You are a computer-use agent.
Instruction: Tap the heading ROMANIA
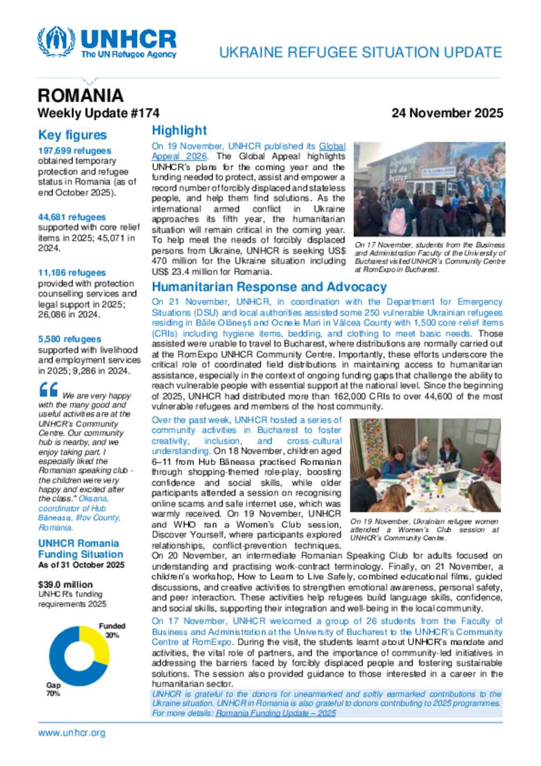click(x=80, y=96)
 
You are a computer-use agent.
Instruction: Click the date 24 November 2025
click(x=447, y=113)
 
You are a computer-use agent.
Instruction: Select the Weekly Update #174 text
click(x=98, y=113)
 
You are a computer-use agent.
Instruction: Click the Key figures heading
click(x=72, y=135)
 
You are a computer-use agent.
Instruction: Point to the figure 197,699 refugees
click(x=74, y=151)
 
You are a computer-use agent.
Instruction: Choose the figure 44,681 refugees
click(x=72, y=217)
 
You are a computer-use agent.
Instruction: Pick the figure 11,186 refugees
click(x=72, y=273)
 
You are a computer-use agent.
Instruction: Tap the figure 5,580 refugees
click(x=70, y=339)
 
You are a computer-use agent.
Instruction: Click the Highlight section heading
click(x=179, y=131)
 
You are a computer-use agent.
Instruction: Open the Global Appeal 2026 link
click(x=179, y=156)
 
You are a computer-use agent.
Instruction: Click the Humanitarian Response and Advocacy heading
click(x=269, y=287)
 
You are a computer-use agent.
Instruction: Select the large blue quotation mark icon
click(x=49, y=390)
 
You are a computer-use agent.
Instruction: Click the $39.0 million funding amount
click(x=65, y=584)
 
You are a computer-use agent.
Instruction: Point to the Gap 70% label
click(x=53, y=689)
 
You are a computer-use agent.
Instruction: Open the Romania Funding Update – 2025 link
click(x=275, y=713)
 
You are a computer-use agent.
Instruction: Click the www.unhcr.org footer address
click(x=71, y=733)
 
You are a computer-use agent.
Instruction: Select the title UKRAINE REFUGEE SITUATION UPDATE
click(x=360, y=52)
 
